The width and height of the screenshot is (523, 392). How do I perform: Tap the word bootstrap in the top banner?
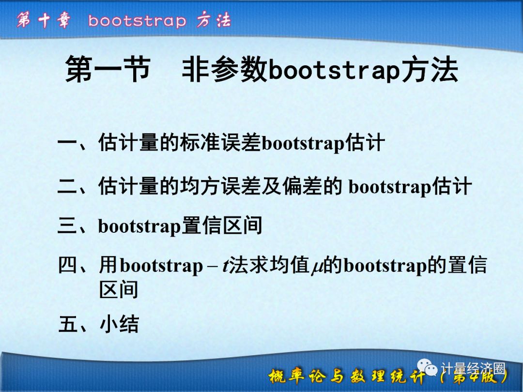tap(137, 21)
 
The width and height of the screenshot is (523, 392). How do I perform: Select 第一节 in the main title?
tap(108, 70)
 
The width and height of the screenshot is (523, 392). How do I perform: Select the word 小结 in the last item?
tap(119, 324)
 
